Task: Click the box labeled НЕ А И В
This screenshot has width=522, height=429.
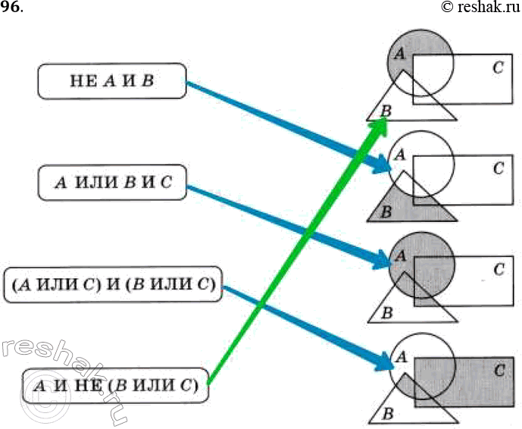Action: tap(111, 81)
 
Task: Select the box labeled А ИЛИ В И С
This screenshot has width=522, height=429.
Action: tap(111, 183)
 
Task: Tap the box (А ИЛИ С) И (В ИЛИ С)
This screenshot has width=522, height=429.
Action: tap(112, 286)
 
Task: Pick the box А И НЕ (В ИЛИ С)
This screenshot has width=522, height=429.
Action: tap(115, 386)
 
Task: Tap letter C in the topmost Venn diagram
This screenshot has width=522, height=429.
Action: tap(497, 67)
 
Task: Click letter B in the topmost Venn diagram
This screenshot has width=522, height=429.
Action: tap(386, 112)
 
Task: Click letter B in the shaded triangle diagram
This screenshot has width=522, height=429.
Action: tap(386, 212)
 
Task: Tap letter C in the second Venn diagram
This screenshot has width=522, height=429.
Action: tap(498, 168)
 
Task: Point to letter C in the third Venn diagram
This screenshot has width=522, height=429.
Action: tap(498, 269)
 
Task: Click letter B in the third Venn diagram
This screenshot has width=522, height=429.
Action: tap(386, 312)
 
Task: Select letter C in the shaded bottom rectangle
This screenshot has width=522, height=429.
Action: tap(498, 371)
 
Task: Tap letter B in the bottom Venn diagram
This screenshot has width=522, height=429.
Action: tap(387, 414)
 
